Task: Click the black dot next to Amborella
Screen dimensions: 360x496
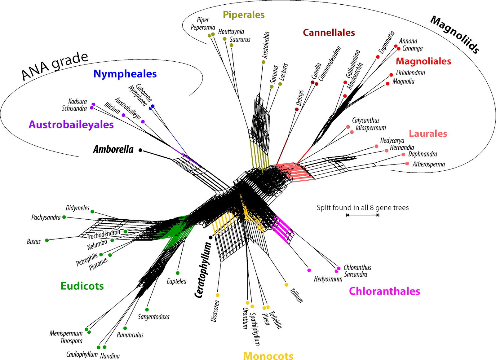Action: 140,150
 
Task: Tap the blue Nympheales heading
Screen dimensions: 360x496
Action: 125,74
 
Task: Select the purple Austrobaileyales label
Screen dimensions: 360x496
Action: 71,125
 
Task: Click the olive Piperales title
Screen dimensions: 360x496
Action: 244,15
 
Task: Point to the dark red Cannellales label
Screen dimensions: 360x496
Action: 329,33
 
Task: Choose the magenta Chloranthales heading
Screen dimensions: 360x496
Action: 384,291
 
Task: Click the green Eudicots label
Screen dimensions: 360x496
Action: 82,286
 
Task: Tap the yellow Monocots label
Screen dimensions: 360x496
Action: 268,356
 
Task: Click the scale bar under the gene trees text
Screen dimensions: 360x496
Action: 362,215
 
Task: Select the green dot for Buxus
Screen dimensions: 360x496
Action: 47,240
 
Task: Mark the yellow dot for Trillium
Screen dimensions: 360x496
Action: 286,285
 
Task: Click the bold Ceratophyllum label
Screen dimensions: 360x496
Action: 203,270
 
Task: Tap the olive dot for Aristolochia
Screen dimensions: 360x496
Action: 263,62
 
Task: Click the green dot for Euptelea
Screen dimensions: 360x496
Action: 178,273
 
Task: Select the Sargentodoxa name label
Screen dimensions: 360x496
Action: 153,317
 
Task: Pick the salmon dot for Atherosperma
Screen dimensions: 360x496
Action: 407,164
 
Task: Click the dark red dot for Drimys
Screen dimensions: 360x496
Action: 297,109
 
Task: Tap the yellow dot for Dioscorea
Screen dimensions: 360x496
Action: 218,295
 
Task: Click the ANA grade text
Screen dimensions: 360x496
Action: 55,65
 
